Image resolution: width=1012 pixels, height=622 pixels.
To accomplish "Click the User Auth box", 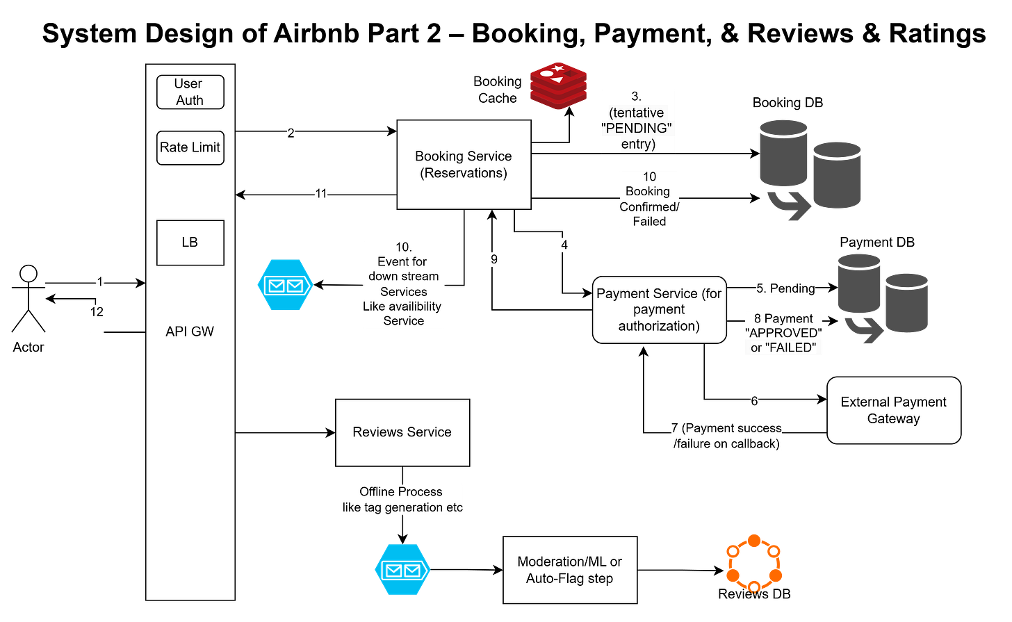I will pyautogui.click(x=190, y=92).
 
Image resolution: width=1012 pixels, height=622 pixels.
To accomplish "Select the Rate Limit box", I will pyautogui.click(x=190, y=147).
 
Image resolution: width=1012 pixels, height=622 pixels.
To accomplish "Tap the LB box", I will pyautogui.click(x=190, y=243).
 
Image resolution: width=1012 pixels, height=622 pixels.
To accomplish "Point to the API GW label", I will pyautogui.click(x=190, y=332).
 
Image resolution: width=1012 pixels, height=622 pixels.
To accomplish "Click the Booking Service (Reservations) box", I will pyautogui.click(x=464, y=165).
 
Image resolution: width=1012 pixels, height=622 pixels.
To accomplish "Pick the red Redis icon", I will pyautogui.click(x=558, y=85).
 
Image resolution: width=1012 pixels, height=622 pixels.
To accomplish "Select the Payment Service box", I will pyautogui.click(x=659, y=310).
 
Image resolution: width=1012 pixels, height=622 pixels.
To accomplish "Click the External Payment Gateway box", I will pyautogui.click(x=893, y=410).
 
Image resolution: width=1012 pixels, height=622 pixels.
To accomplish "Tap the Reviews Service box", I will pyautogui.click(x=402, y=432).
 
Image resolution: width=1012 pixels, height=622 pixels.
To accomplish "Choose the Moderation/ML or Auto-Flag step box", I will pyautogui.click(x=569, y=570).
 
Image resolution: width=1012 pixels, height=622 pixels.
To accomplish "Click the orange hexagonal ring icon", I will pyautogui.click(x=753, y=562).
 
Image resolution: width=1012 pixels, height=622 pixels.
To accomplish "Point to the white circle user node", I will pyautogui.click(x=28, y=274).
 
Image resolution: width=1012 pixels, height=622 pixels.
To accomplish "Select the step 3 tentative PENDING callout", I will pyautogui.click(x=637, y=120).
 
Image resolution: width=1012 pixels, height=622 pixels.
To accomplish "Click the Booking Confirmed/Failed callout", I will pyautogui.click(x=649, y=199).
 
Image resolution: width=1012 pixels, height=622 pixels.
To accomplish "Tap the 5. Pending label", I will pyautogui.click(x=785, y=288).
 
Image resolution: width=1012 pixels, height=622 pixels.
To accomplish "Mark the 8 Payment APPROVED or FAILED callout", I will pyautogui.click(x=783, y=334).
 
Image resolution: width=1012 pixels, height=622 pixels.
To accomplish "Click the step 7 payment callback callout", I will pyautogui.click(x=726, y=436).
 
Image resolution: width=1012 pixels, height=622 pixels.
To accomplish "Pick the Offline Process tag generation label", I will pyautogui.click(x=402, y=500).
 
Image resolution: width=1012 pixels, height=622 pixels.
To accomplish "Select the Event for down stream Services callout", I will pyautogui.click(x=403, y=284).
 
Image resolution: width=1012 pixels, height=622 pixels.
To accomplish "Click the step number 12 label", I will pyautogui.click(x=97, y=312).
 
